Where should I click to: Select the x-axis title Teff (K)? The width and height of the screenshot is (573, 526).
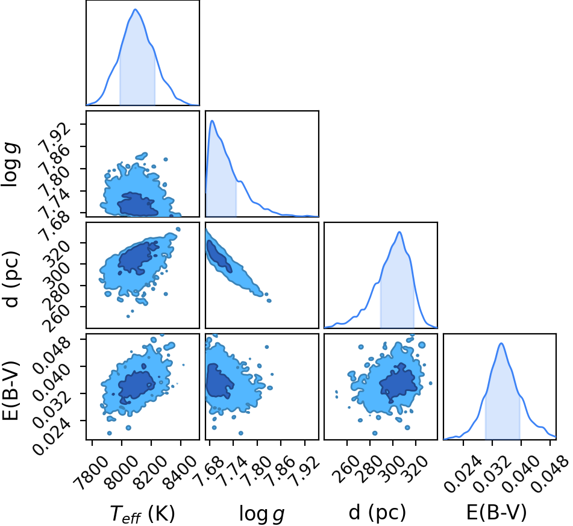click(x=143, y=514)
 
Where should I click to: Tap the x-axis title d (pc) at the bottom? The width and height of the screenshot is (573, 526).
click(x=378, y=513)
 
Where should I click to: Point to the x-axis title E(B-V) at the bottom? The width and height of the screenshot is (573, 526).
click(x=496, y=512)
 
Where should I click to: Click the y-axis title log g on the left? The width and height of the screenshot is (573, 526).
click(x=10, y=165)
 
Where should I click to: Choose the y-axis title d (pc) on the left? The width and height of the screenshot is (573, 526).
click(x=11, y=279)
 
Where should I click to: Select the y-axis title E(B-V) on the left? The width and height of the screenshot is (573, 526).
click(x=10, y=390)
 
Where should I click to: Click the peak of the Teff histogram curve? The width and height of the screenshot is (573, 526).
click(x=135, y=9)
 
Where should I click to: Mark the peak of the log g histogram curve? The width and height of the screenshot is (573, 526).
click(x=212, y=121)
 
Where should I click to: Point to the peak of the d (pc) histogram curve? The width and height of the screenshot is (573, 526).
click(x=399, y=232)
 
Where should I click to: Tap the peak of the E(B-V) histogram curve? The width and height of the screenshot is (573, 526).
click(x=501, y=343)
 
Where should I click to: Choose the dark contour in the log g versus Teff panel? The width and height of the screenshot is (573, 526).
click(x=137, y=204)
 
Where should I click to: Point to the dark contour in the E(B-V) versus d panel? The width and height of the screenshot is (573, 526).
click(x=398, y=382)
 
